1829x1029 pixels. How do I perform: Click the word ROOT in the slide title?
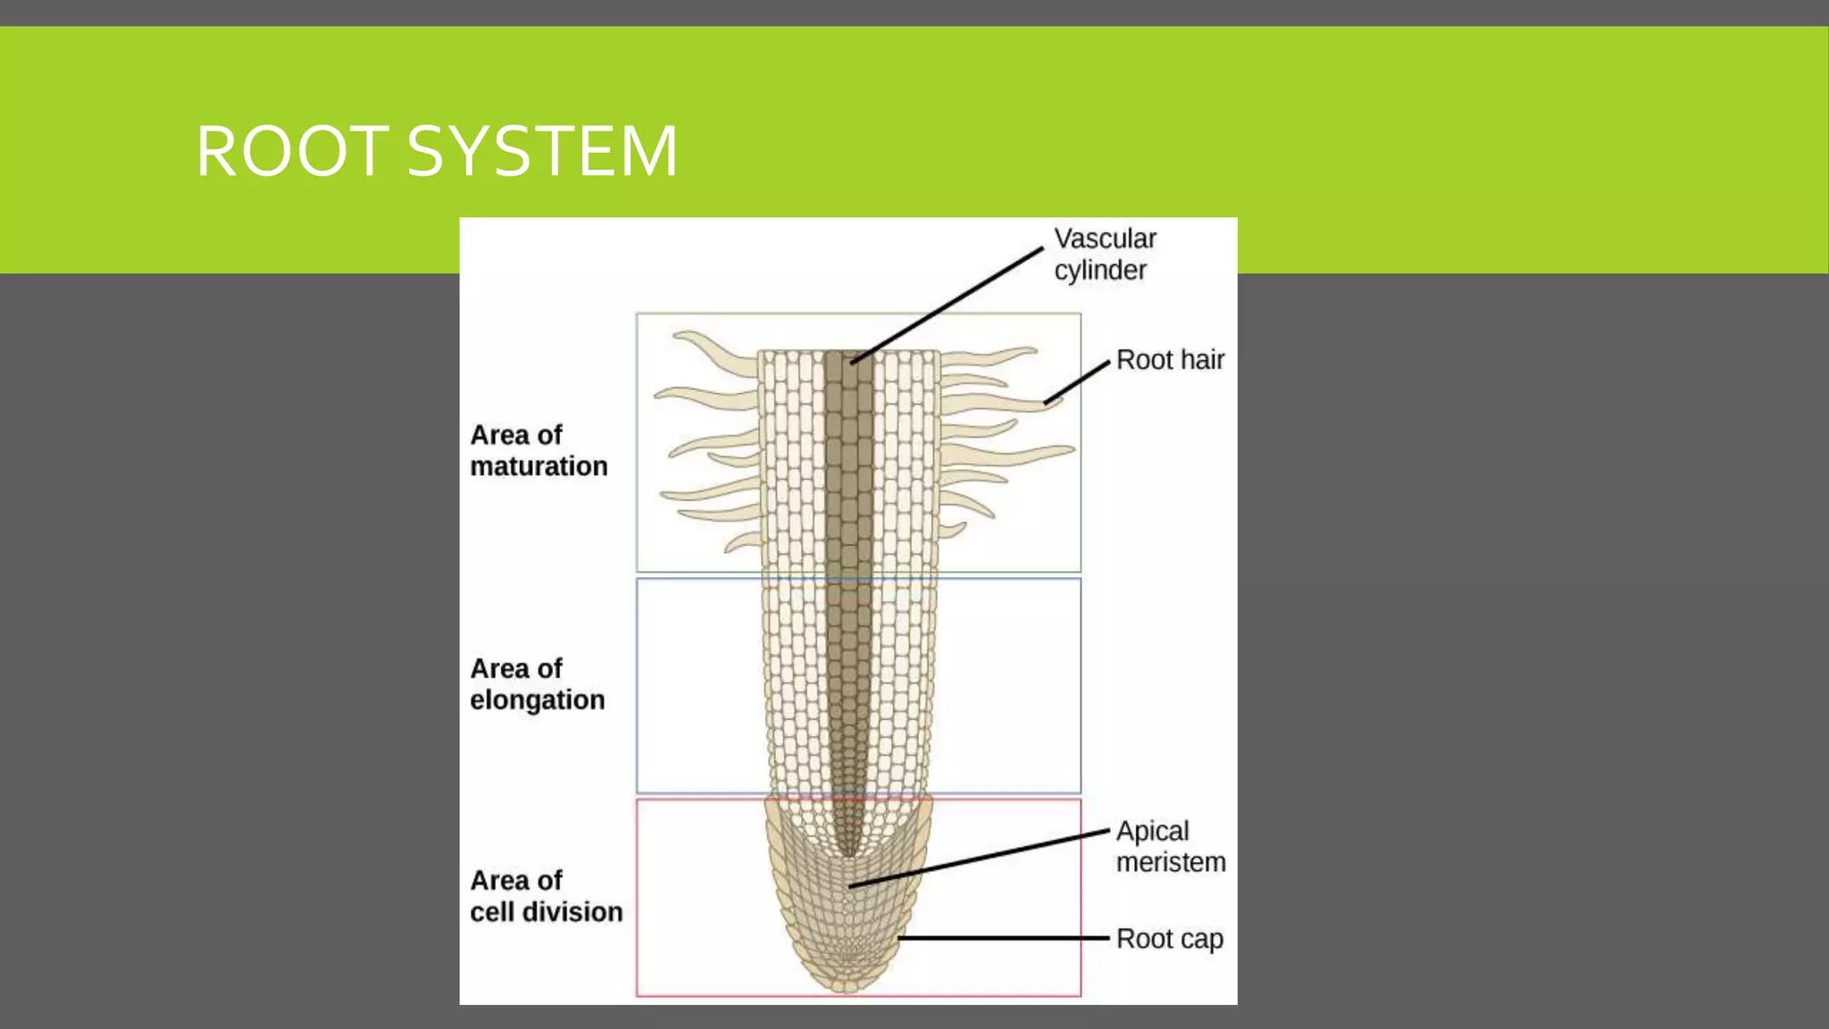[291, 152]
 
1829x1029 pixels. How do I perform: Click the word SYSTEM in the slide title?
[542, 152]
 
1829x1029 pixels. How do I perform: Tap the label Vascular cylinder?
[1105, 255]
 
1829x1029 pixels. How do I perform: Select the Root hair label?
[1170, 360]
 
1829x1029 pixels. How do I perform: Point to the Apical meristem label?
[1170, 847]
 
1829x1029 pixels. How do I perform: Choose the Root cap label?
[1170, 939]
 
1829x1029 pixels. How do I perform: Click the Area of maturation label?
[539, 450]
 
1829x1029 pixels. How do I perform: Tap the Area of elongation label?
[538, 684]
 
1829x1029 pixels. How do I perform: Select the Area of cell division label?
[546, 896]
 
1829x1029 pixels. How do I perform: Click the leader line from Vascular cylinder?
[947, 305]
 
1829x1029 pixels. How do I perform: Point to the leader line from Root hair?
[1076, 383]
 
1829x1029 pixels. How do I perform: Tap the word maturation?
[539, 466]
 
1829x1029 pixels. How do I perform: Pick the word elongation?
[538, 700]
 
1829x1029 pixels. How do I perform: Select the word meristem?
[1171, 863]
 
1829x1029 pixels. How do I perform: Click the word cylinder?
[1100, 271]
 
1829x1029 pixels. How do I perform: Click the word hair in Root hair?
[1202, 360]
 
